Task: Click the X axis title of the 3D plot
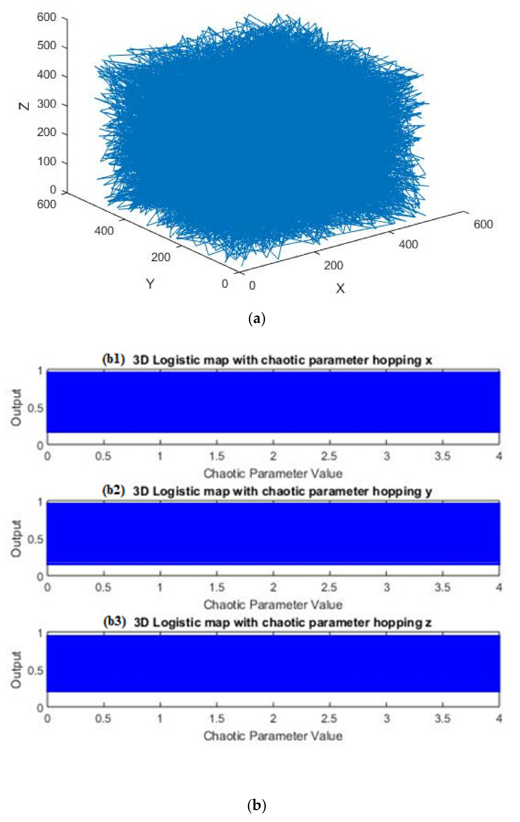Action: (340, 289)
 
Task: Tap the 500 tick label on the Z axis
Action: (47, 46)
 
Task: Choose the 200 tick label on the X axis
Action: (334, 265)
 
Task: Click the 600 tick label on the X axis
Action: (483, 224)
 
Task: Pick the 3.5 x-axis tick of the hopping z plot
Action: (442, 719)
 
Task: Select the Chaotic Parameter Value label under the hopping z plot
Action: (273, 736)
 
